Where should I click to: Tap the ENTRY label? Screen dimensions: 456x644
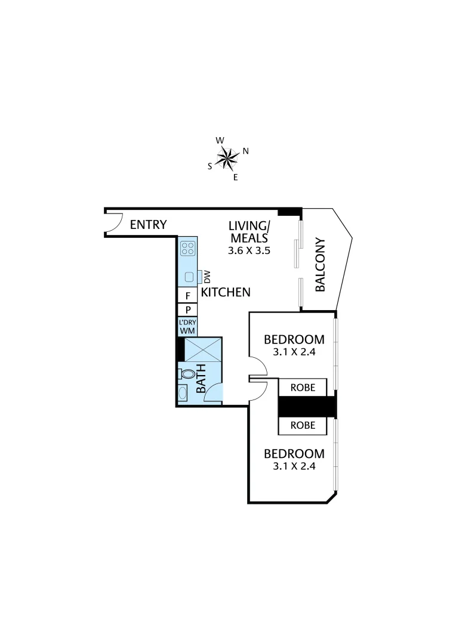[148, 225]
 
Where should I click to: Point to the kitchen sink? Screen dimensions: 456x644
[189, 277]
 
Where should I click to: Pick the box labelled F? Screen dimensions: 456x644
[187, 296]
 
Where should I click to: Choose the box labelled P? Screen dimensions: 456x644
[187, 310]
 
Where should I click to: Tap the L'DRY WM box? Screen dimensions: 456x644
[187, 326]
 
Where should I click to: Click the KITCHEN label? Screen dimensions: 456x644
[225, 293]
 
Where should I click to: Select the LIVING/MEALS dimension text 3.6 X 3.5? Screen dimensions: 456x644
[249, 251]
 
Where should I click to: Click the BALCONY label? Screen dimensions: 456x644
[320, 265]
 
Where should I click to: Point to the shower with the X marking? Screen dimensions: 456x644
[203, 349]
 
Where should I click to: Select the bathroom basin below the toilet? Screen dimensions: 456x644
[182, 393]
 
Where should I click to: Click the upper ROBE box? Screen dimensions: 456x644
[303, 388]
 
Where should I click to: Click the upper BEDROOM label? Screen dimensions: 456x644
[294, 340]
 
